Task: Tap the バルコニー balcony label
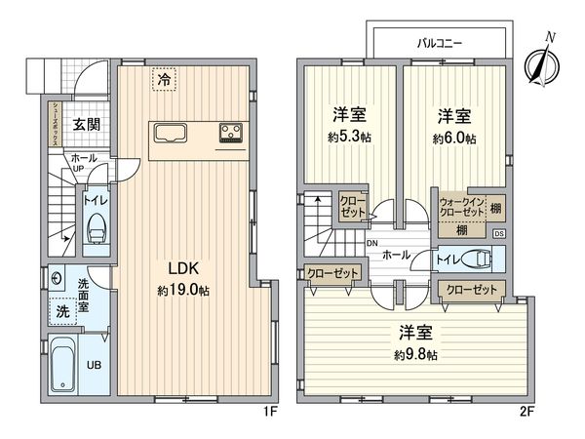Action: click(x=439, y=43)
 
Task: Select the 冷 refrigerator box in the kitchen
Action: click(x=164, y=79)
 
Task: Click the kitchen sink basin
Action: click(x=171, y=134)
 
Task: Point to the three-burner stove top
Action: click(x=231, y=133)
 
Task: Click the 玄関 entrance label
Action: click(x=86, y=124)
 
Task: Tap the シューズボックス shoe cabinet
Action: click(x=55, y=124)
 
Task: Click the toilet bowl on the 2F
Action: click(x=477, y=259)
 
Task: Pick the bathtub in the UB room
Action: click(x=62, y=363)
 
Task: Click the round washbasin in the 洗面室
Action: click(x=57, y=279)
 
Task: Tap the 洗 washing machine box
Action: click(x=62, y=311)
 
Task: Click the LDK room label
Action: click(x=183, y=268)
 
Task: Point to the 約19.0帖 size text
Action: click(x=183, y=290)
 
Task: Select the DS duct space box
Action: click(x=499, y=234)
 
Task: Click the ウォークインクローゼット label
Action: click(x=462, y=207)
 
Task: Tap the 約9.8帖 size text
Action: click(x=415, y=354)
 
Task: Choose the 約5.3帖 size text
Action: click(x=350, y=137)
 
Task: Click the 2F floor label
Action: click(x=526, y=412)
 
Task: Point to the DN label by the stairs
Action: click(x=372, y=243)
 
